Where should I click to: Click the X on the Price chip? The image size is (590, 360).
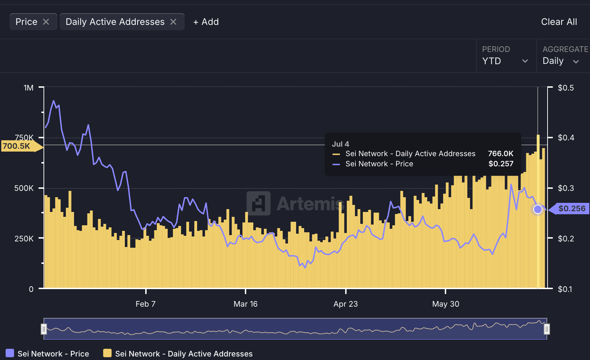[46, 22]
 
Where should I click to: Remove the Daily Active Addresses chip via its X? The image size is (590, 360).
[173, 22]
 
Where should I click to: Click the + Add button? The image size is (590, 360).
[206, 22]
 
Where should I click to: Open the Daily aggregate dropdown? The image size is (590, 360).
[560, 61]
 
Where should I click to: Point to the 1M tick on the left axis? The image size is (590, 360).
[29, 88]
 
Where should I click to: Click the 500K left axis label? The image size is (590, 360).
[24, 188]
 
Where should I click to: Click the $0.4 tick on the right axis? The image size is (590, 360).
[566, 138]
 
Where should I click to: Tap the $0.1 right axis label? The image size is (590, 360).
[565, 289]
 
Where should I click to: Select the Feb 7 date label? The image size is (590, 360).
[146, 304]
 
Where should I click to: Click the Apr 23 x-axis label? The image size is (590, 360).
[346, 304]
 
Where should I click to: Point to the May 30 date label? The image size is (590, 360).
[445, 304]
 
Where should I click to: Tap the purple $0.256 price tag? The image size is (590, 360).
[571, 208]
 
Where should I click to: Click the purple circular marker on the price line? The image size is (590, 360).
[538, 209]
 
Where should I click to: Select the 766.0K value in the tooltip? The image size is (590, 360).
[501, 154]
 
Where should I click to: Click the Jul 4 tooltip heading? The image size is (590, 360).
[340, 144]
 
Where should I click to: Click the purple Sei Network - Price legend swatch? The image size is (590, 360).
[10, 353]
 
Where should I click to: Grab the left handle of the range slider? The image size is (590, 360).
[44, 329]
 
